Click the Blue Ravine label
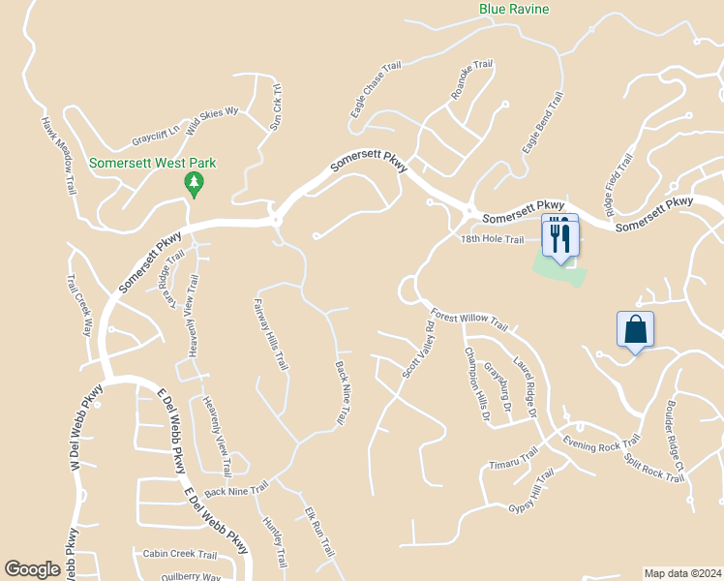pos(514,10)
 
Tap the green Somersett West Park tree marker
pos(195,183)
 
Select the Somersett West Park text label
pos(152,164)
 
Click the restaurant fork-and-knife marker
pos(560,237)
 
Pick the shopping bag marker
pos(636,329)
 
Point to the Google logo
pos(33,569)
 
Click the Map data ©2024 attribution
pos(682,573)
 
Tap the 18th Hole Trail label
pos(492,239)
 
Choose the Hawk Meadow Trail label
pos(58,156)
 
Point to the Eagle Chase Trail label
pos(376,92)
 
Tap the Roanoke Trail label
pos(472,81)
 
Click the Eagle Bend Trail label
pos(543,123)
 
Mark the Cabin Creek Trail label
pos(180,555)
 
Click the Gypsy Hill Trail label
pos(528,491)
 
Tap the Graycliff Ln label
pos(157,131)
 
